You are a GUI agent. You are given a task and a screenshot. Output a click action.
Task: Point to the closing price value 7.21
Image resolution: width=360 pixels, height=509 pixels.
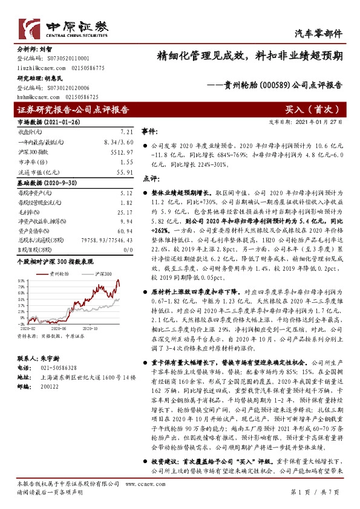point(126,131)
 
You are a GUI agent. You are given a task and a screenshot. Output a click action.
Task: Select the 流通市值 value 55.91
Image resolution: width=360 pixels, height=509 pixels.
point(123,173)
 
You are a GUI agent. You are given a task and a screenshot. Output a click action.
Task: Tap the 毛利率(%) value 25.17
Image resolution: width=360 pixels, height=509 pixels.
point(123,212)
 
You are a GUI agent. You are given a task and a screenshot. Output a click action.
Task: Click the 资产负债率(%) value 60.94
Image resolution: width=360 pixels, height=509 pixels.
point(123,232)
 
